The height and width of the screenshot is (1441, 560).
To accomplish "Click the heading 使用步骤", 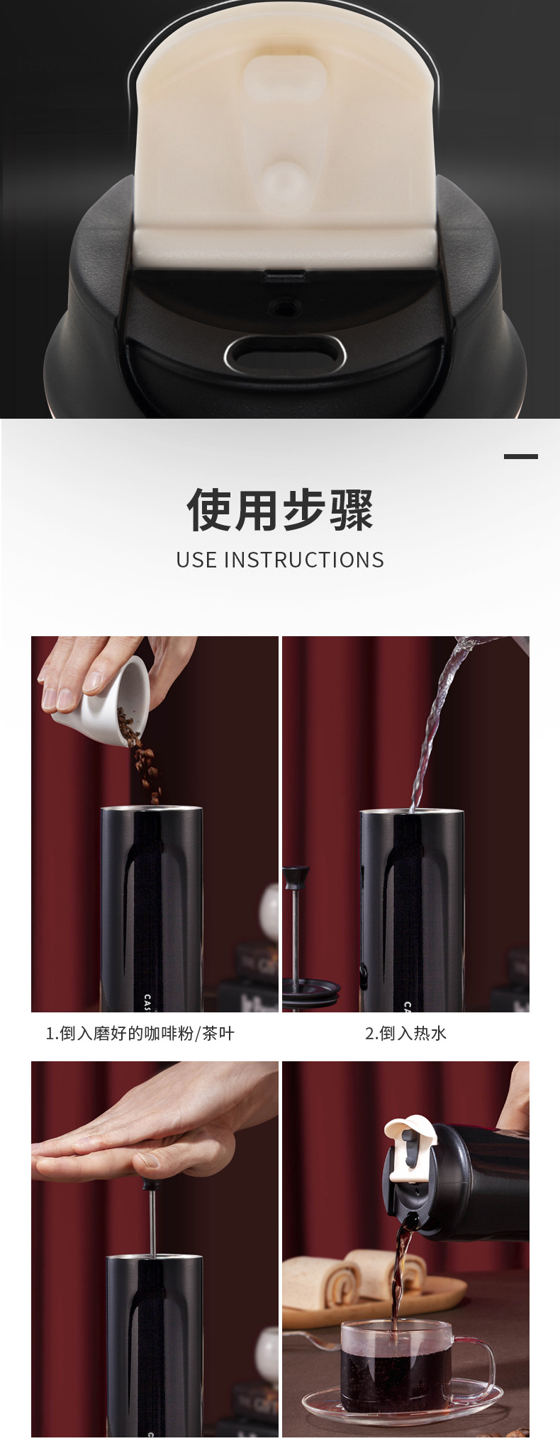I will point(280,509).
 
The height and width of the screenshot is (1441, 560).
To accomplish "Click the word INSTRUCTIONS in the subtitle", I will point(304,560).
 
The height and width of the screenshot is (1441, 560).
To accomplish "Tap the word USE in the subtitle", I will point(196,560).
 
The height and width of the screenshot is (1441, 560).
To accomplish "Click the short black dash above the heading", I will point(521,456).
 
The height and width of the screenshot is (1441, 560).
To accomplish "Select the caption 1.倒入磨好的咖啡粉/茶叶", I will point(140,1033).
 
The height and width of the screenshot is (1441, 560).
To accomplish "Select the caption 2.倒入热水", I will point(405,1033).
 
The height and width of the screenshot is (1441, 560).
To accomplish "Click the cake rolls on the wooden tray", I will point(354,1275).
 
